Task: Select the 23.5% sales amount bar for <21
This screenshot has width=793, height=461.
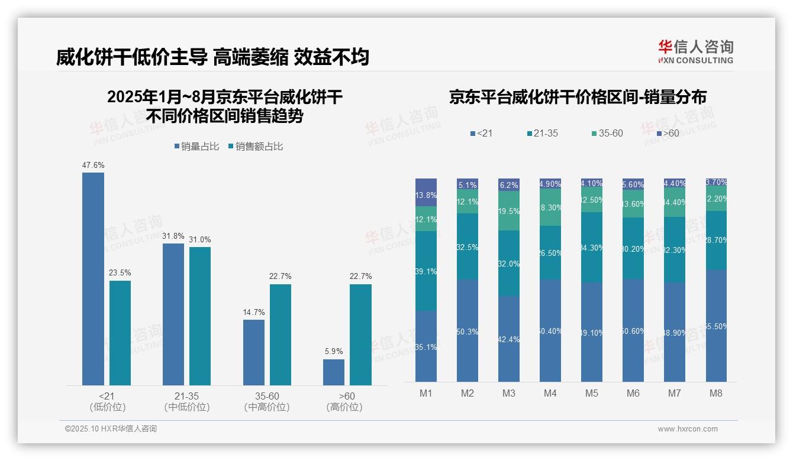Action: [x=120, y=333]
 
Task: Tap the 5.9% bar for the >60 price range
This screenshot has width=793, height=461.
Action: [x=334, y=372]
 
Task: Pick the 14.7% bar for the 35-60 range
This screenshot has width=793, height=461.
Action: [x=254, y=352]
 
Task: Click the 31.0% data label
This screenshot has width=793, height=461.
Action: [x=200, y=239]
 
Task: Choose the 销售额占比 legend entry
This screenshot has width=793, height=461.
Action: [x=255, y=147]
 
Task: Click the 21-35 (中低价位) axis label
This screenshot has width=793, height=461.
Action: [x=187, y=401]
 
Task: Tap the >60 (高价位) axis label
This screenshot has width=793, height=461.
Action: [x=344, y=401]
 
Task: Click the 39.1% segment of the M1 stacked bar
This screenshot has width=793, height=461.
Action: [x=426, y=271]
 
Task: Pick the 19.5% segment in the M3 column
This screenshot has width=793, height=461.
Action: [x=509, y=211]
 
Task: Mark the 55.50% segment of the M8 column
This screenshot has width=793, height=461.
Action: [x=716, y=326]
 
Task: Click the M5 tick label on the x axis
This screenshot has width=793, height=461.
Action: [x=592, y=393]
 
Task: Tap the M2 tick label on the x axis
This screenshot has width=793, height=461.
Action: [x=468, y=393]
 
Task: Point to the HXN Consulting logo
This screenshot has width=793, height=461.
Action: [x=695, y=51]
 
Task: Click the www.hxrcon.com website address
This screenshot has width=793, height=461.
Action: [x=688, y=429]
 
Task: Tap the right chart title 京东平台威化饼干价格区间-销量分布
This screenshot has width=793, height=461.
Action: [x=578, y=98]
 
